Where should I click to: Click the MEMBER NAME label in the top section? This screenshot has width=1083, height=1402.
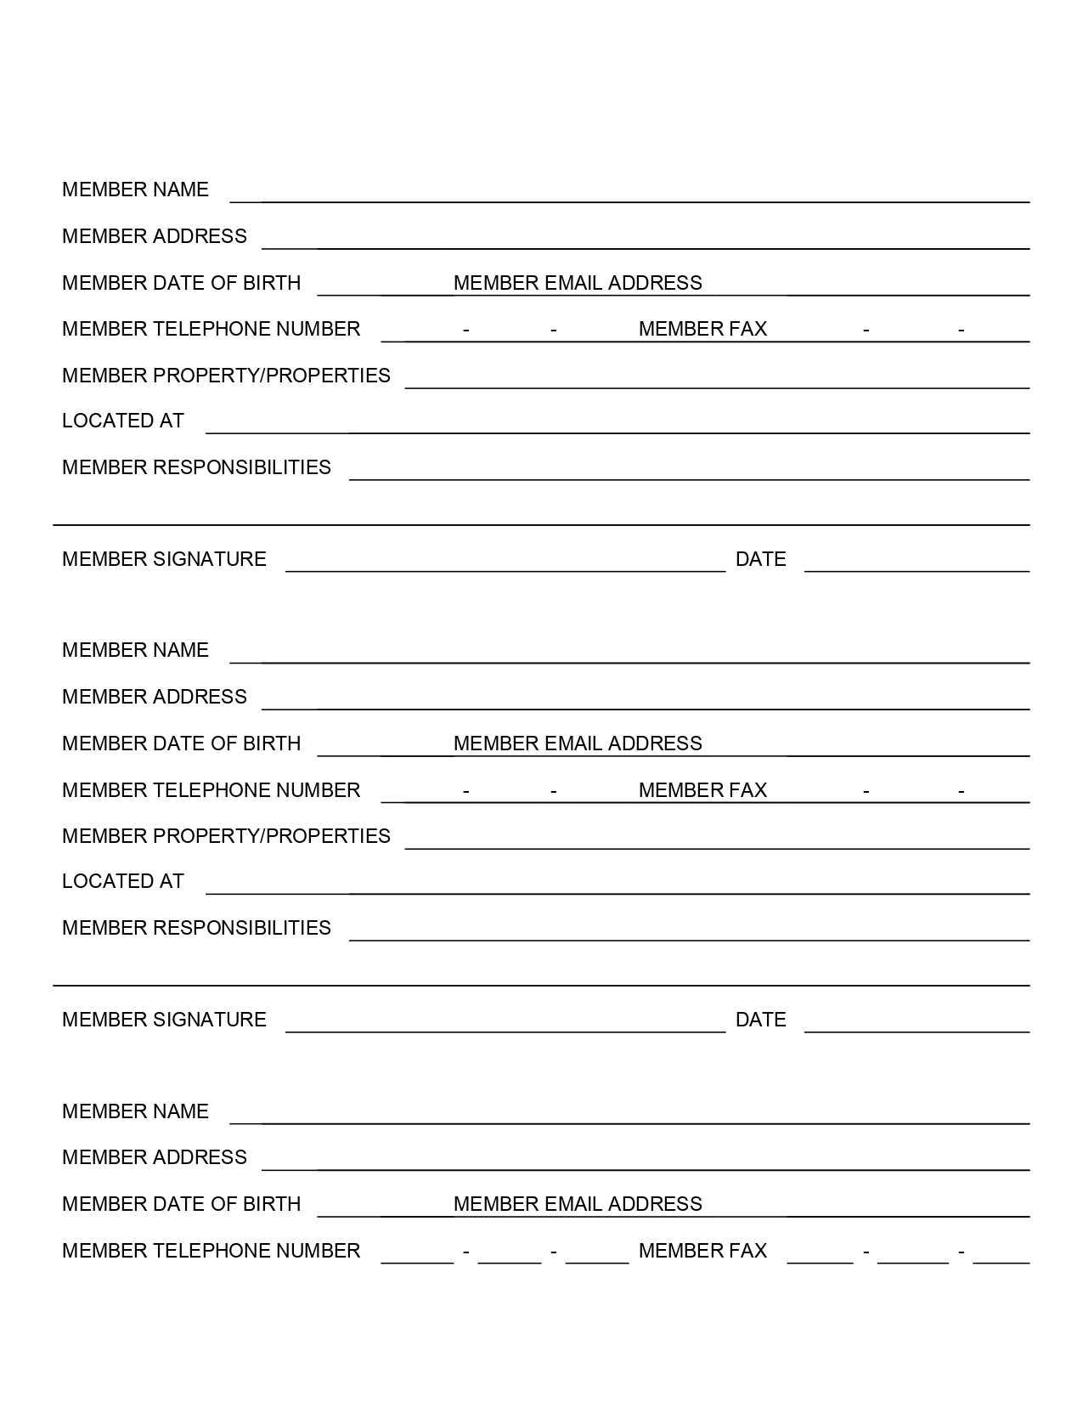point(135,189)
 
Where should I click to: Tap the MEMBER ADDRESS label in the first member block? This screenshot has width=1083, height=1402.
point(155,236)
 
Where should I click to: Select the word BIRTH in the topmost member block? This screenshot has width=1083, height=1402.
point(272,283)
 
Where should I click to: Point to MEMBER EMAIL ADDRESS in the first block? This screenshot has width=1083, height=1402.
point(578,283)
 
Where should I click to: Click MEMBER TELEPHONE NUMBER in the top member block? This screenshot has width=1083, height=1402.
point(211,329)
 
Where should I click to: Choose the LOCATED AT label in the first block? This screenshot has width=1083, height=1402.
point(123,421)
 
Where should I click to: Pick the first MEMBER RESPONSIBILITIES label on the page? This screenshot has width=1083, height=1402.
point(196,467)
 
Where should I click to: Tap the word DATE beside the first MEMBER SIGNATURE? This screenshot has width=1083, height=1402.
point(760,559)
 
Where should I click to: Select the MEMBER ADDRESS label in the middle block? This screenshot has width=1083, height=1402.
point(155,697)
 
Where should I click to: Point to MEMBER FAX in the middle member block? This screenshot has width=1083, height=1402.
point(702,790)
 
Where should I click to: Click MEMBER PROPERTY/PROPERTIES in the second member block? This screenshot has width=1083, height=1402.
point(226,836)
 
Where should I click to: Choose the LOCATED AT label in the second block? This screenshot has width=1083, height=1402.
point(123,881)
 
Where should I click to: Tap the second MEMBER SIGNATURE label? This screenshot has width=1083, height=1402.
point(164,1020)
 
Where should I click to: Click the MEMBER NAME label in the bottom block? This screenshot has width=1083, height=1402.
point(135,1111)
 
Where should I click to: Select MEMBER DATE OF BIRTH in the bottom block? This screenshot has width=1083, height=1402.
point(181,1204)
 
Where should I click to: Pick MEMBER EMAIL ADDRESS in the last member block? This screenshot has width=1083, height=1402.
point(578,1204)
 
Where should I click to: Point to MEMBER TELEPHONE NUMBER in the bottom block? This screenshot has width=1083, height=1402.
point(211,1251)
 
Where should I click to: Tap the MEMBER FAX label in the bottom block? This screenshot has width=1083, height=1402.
point(702,1251)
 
